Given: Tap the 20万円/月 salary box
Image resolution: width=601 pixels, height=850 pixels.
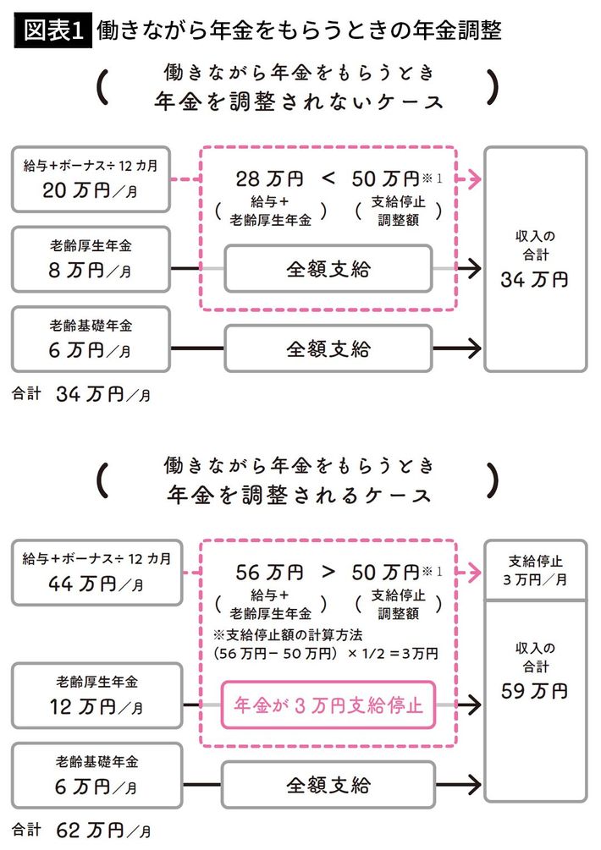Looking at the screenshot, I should coord(91,179).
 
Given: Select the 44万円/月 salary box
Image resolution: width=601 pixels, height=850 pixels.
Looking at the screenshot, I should coord(91,571).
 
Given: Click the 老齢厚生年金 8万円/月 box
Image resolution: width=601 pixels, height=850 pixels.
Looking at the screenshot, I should coord(91,259).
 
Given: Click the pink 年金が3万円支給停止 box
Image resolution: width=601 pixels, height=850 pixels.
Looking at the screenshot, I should coord(328,704).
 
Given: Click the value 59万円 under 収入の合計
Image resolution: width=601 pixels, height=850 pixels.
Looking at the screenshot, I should coord(534,692).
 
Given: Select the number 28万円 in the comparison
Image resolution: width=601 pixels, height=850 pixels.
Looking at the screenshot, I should coord(270,179).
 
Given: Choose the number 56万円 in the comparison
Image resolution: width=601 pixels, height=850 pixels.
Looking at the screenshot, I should coord(270,571).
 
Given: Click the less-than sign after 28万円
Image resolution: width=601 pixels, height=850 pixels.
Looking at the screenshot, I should coord(330,179).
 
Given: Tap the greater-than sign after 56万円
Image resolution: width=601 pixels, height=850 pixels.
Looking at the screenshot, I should coord(330,571).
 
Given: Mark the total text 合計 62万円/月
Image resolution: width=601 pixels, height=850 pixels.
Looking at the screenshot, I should coord(81,828).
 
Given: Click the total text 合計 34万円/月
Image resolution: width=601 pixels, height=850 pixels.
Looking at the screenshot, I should coord(81,394).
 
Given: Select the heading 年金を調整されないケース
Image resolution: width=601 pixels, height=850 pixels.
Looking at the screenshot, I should coord(300,101).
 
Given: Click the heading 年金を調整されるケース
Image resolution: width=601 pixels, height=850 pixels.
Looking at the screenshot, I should coord(300,492).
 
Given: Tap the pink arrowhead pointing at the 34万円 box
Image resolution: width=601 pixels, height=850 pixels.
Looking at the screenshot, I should coord(477,179).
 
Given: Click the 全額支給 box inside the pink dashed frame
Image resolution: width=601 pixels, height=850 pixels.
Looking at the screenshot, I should coord(328,270).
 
